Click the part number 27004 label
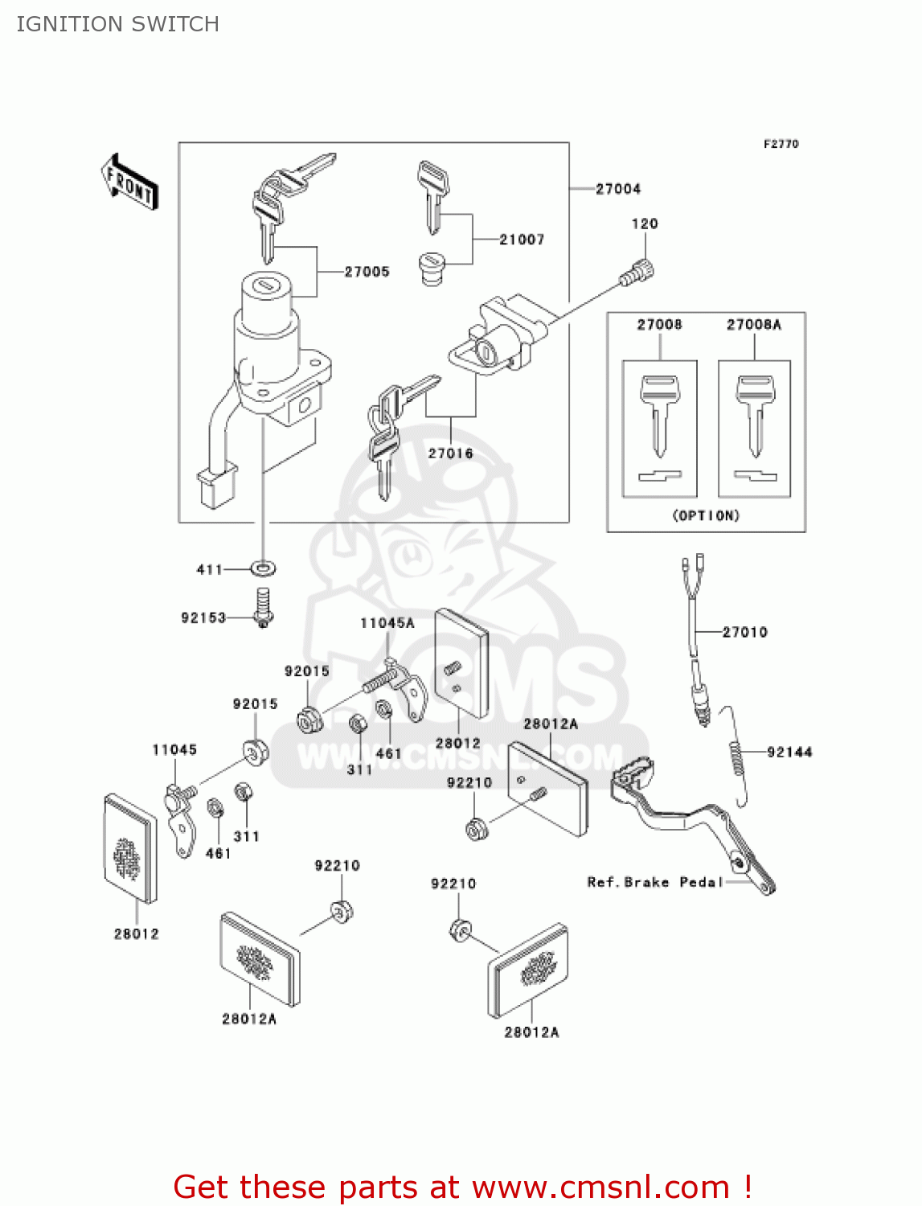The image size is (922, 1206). (x=618, y=189)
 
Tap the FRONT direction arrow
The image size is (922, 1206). (x=129, y=183)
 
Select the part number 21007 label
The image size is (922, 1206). (x=522, y=240)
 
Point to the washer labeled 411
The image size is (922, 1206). (x=263, y=569)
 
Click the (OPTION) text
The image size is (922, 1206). (x=706, y=515)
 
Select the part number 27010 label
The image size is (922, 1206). (x=744, y=633)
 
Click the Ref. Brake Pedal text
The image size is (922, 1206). (x=655, y=882)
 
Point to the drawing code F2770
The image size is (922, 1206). (x=781, y=144)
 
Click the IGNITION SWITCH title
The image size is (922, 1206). (x=117, y=24)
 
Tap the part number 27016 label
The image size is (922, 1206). (x=450, y=453)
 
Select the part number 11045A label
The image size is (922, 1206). (x=387, y=623)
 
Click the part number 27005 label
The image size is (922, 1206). (x=367, y=272)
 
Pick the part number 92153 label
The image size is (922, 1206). (x=203, y=617)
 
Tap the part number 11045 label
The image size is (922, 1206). (x=174, y=749)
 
